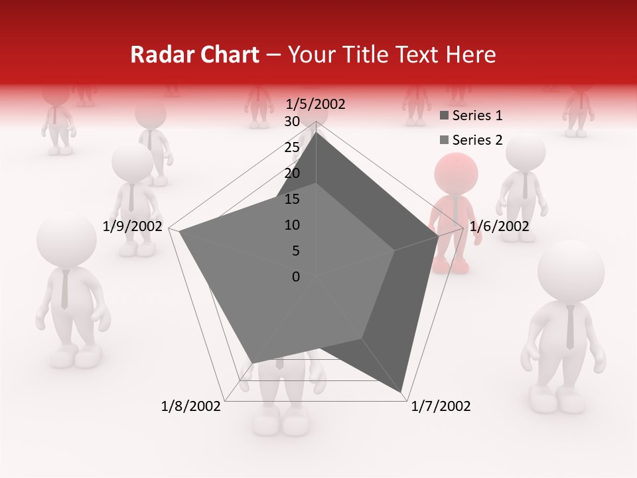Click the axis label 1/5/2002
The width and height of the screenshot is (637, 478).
315,104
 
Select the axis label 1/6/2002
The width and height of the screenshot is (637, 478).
499,226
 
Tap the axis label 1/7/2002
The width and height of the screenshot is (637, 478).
441,406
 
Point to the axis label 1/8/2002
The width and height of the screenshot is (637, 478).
191,406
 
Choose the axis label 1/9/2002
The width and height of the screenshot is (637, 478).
133,226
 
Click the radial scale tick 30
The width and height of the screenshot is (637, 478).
292,121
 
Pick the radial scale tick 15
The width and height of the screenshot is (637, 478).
292,199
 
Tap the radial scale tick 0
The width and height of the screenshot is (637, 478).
296,277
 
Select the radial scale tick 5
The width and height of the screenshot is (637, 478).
296,251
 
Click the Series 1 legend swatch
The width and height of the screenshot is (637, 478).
444,116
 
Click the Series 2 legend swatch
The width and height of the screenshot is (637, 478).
444,140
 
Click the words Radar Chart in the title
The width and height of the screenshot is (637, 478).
194,55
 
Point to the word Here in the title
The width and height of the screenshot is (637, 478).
471,55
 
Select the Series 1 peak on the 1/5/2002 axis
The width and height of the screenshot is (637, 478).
316,132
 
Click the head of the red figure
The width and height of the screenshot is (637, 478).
457,174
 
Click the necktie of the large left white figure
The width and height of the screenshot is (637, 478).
64,289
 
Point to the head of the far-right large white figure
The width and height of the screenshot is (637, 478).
571,272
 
